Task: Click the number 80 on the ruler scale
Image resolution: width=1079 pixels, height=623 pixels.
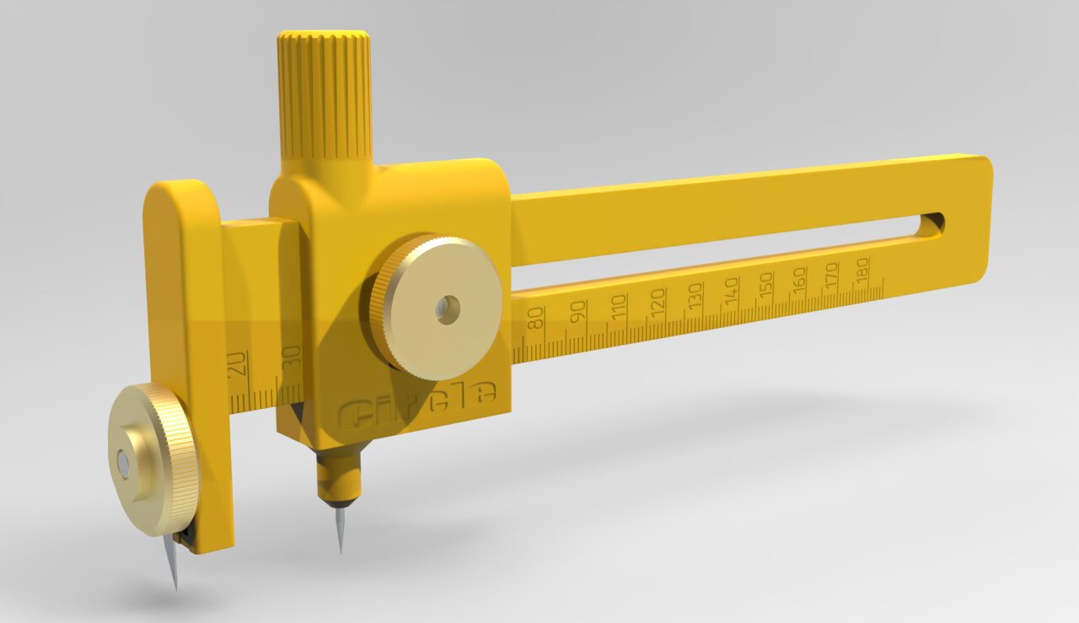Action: click(535, 319)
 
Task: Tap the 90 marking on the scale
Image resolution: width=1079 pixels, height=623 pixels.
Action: click(577, 312)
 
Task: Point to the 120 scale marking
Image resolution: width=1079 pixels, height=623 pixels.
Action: click(658, 299)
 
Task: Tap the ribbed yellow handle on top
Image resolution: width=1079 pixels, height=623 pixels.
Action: click(325, 94)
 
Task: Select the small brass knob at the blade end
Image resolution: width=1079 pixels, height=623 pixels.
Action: click(153, 458)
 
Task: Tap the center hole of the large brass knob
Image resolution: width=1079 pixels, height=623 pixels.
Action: click(443, 310)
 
